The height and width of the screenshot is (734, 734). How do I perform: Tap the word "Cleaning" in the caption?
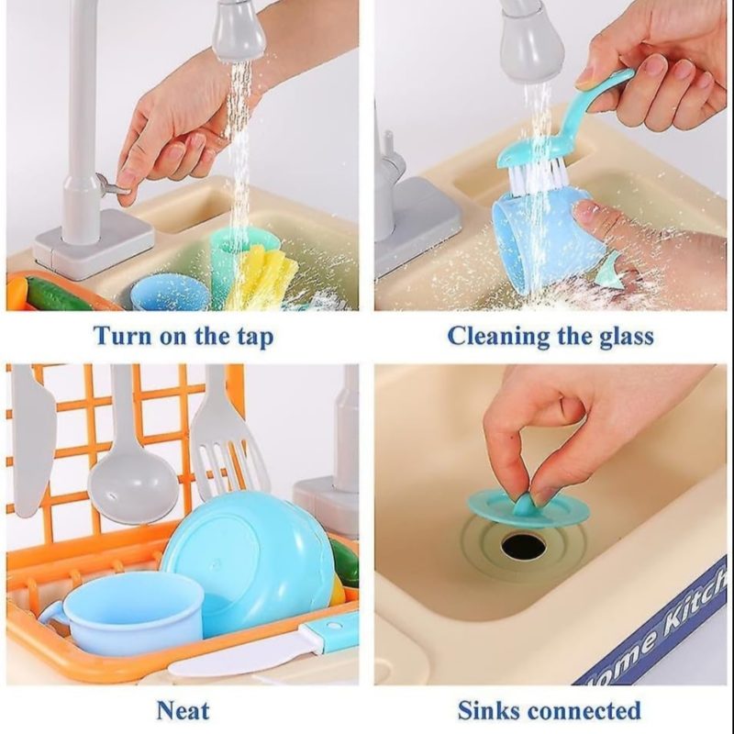pos(498,336)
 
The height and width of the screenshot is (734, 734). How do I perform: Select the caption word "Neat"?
pos(183,710)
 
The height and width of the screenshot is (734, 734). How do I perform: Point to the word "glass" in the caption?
pos(627,336)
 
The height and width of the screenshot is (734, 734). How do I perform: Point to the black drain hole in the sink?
pos(523,546)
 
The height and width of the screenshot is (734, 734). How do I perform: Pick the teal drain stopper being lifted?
pos(528,507)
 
